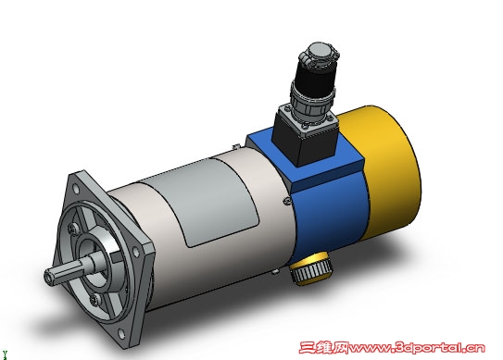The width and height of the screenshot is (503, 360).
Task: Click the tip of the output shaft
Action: coord(49,277)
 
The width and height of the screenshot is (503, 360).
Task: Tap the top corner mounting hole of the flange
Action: coord(76,189)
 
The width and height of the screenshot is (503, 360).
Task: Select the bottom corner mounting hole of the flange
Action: coord(122,334)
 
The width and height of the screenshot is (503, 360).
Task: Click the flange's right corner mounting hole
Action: coord(137,253)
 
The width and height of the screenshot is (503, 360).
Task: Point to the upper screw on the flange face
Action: coord(73,229)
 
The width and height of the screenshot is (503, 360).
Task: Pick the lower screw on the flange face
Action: coord(94,300)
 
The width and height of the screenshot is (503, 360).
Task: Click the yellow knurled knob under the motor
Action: coord(310,268)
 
